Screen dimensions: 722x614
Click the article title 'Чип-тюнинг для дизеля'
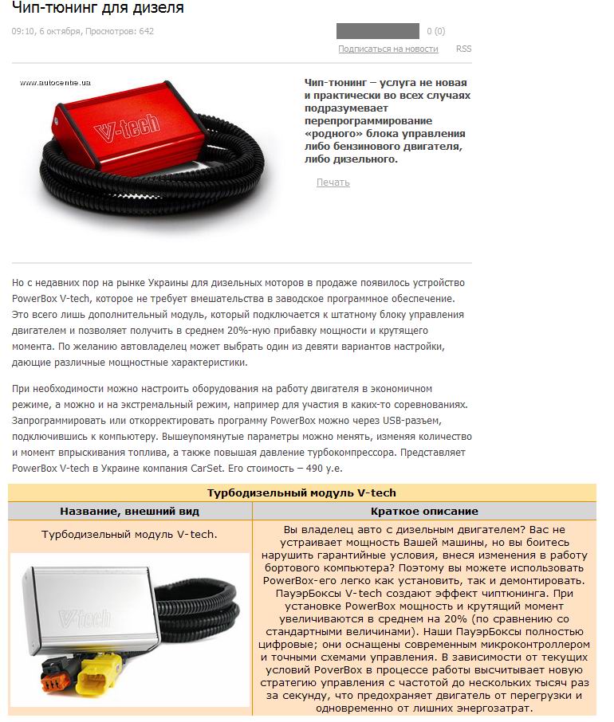(x=97, y=9)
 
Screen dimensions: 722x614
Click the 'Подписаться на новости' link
(x=388, y=49)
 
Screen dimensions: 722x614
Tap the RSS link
(x=463, y=49)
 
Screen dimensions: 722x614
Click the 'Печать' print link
(x=333, y=182)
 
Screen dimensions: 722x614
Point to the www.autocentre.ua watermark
(x=55, y=82)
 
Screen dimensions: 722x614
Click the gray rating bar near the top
(x=377, y=31)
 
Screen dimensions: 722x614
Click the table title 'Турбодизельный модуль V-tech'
(x=301, y=493)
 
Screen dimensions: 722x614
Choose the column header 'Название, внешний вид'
(x=129, y=511)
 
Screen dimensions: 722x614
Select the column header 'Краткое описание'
(x=423, y=511)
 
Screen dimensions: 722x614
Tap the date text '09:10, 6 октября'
(x=46, y=32)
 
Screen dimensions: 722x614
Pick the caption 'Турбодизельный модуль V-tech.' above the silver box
(x=129, y=534)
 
